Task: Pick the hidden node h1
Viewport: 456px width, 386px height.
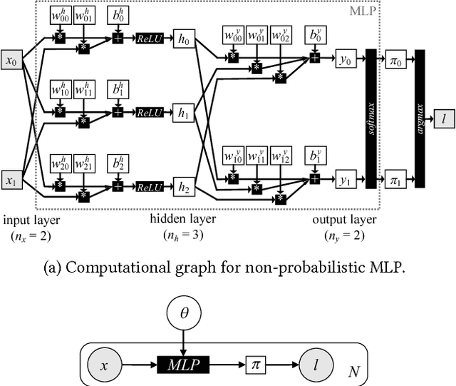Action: (184, 112)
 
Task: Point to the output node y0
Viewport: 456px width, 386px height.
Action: (346, 61)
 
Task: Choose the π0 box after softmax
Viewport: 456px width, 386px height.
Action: (395, 61)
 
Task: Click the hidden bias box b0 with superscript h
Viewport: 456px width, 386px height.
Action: (115, 16)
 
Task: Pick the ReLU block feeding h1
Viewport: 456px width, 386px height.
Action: (150, 112)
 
